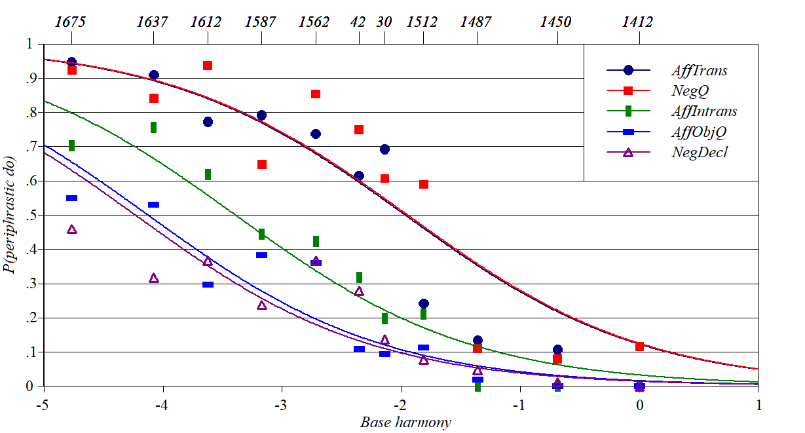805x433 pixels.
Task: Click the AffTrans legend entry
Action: [x=699, y=71]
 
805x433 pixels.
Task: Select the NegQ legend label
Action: [x=690, y=91]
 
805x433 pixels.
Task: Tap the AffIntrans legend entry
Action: [x=703, y=111]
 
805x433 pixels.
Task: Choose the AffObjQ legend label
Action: [x=699, y=132]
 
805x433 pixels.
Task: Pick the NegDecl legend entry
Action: [x=699, y=152]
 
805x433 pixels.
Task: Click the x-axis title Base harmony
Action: [x=405, y=422]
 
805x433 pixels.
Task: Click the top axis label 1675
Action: [x=70, y=22]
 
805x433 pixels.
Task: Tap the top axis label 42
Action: [x=358, y=22]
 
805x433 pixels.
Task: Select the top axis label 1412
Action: [x=637, y=22]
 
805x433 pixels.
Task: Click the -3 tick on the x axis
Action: [x=282, y=404]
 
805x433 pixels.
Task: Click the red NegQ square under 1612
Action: [x=208, y=66]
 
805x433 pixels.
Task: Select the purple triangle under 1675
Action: [x=72, y=229]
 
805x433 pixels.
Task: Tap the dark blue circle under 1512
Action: [x=423, y=303]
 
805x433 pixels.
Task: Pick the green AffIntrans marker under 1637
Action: [x=153, y=127]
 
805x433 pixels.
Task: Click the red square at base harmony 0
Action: [x=639, y=346]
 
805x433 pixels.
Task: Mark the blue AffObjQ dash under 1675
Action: [x=71, y=198]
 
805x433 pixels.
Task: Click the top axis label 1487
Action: [x=476, y=22]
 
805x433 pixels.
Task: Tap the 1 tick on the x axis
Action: [x=758, y=404]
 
